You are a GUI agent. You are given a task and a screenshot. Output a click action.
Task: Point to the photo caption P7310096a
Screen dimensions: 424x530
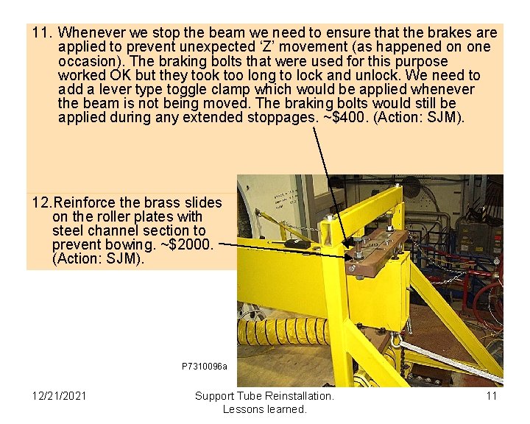[x=204, y=367]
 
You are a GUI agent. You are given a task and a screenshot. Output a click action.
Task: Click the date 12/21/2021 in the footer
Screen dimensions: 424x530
[x=59, y=396]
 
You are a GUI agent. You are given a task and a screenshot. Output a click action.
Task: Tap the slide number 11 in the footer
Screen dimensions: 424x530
[x=492, y=396]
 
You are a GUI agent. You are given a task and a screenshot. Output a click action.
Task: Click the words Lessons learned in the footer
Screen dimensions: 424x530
[x=264, y=409]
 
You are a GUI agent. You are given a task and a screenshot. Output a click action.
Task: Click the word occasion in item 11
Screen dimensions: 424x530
[x=86, y=61]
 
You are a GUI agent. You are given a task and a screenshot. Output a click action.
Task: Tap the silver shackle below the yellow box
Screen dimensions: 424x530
[x=397, y=339]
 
